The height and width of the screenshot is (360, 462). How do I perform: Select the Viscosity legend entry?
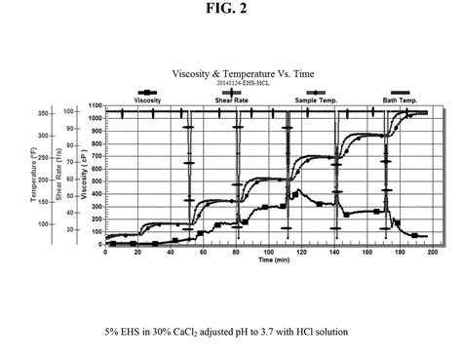(x=147, y=100)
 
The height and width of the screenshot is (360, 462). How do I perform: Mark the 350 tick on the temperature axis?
(x=42, y=113)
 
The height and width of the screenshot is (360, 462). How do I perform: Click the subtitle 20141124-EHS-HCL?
(x=230, y=85)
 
